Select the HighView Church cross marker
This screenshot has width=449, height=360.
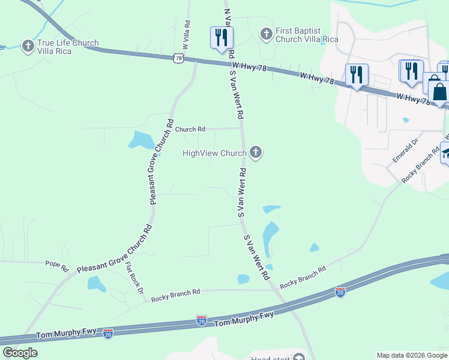pos(256,152)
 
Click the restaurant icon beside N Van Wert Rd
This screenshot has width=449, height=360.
pos(221,37)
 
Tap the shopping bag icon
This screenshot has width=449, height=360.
pos(439,91)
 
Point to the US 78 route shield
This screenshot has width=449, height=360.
pos(177,58)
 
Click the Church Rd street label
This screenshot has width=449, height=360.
pos(190,129)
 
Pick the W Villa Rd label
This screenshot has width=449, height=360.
pos(188,30)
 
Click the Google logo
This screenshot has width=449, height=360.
pos(20,353)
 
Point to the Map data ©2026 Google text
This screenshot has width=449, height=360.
pos(412,355)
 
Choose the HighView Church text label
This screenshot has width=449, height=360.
pos(214,154)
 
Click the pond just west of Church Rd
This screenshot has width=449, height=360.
pos(140,140)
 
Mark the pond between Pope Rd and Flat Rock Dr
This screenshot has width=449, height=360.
pos(97,284)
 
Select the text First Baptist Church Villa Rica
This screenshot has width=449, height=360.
pos(306,35)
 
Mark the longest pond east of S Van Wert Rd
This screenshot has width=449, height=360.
pos(271,237)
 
